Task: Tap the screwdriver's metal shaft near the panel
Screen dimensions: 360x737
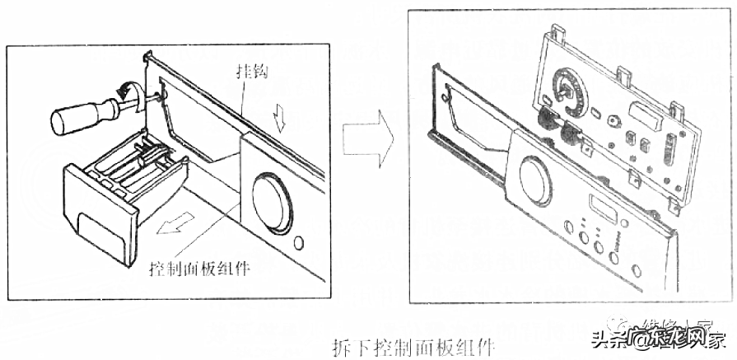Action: [x=142, y=101]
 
